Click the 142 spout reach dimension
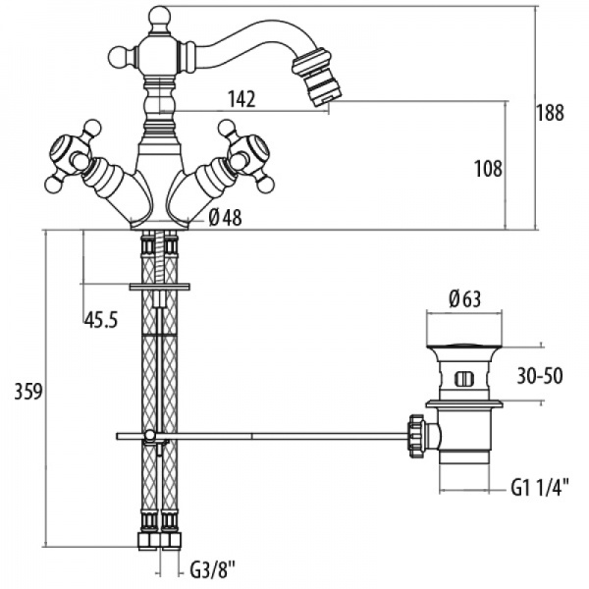click(x=241, y=99)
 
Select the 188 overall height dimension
click(x=550, y=112)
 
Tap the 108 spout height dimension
click(x=488, y=169)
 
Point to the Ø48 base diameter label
click(x=225, y=218)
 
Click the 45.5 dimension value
click(x=101, y=320)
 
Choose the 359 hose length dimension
click(x=28, y=392)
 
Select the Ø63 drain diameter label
click(x=464, y=299)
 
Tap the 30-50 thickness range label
click(x=540, y=376)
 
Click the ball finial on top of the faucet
click(x=160, y=17)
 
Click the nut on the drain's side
click(x=416, y=435)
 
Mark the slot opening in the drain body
click(x=464, y=378)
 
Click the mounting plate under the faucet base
click(x=160, y=287)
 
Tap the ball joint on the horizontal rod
click(x=150, y=435)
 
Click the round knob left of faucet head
click(x=119, y=57)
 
